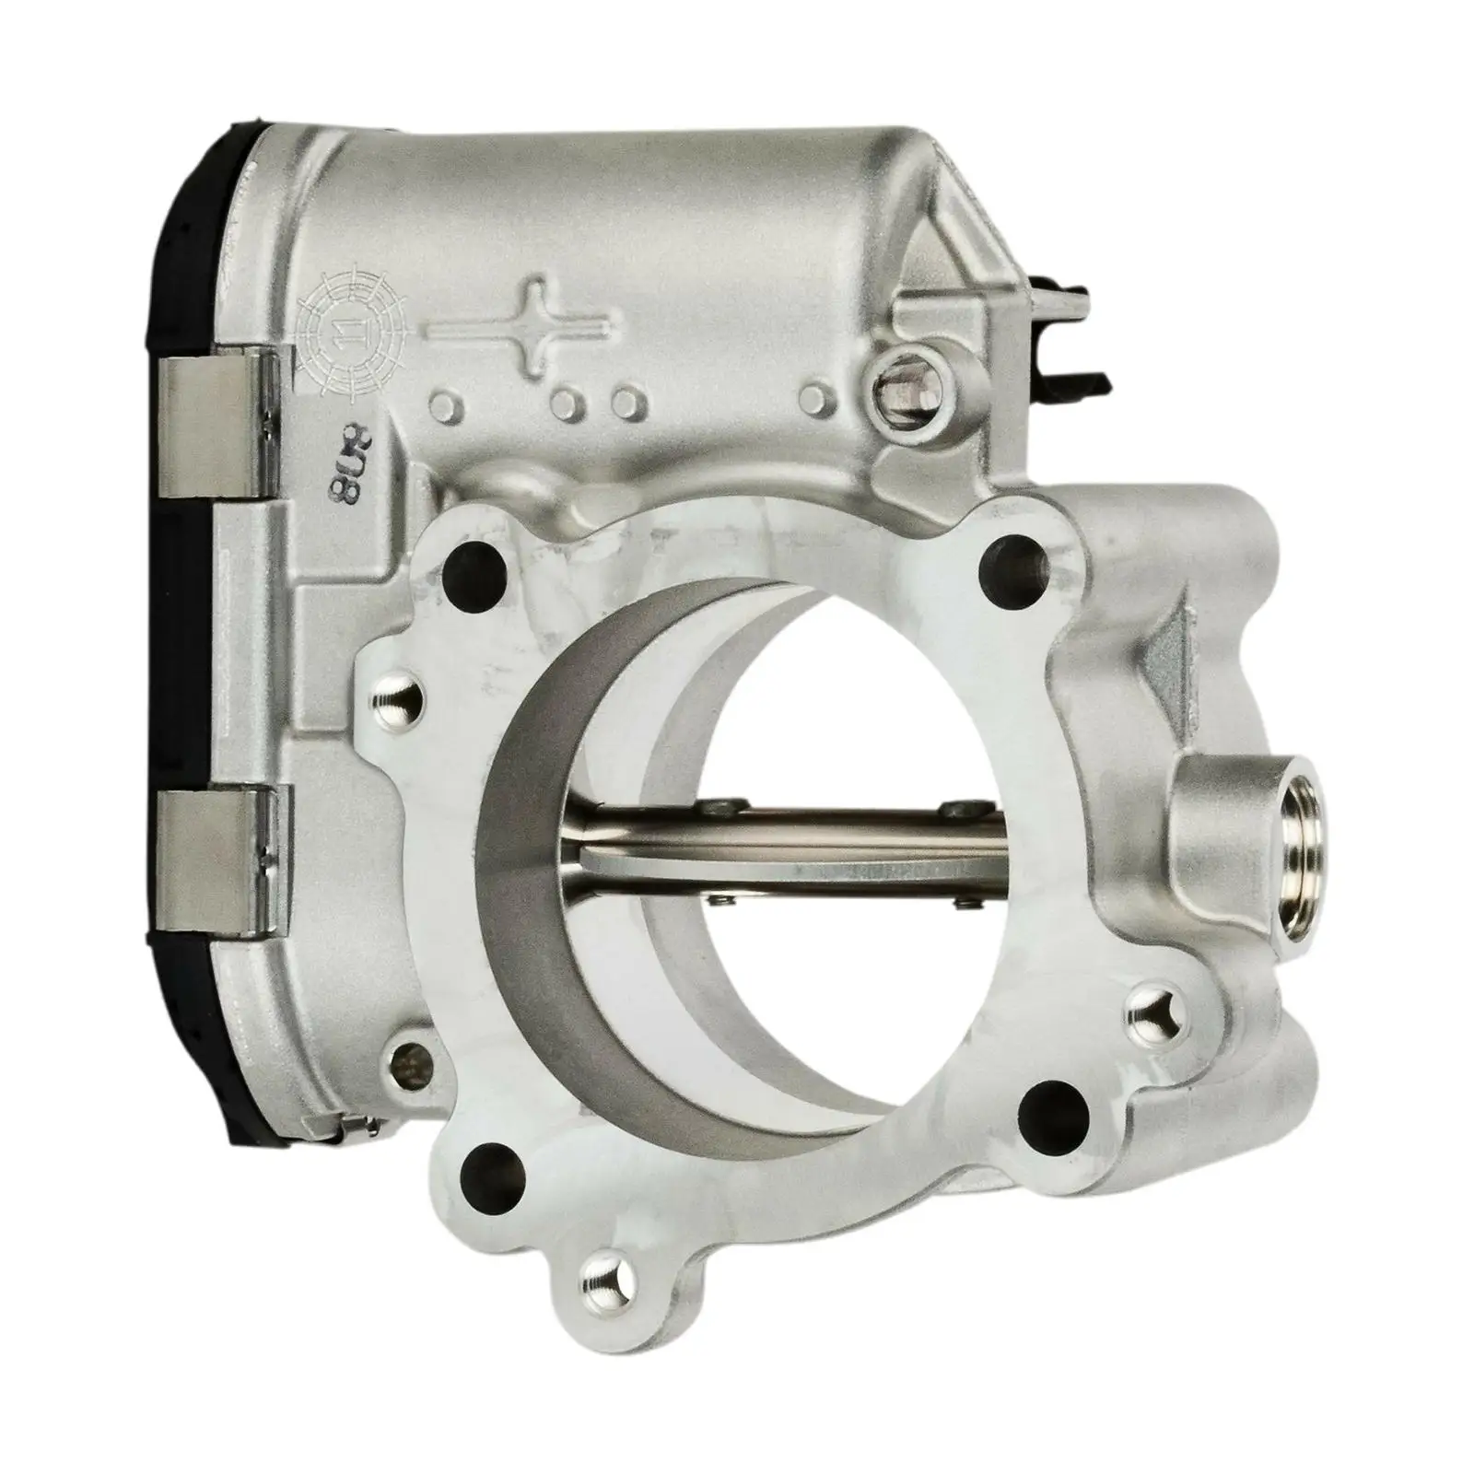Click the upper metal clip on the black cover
click(x=217, y=429)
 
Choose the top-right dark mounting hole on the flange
click(x=1013, y=556)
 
